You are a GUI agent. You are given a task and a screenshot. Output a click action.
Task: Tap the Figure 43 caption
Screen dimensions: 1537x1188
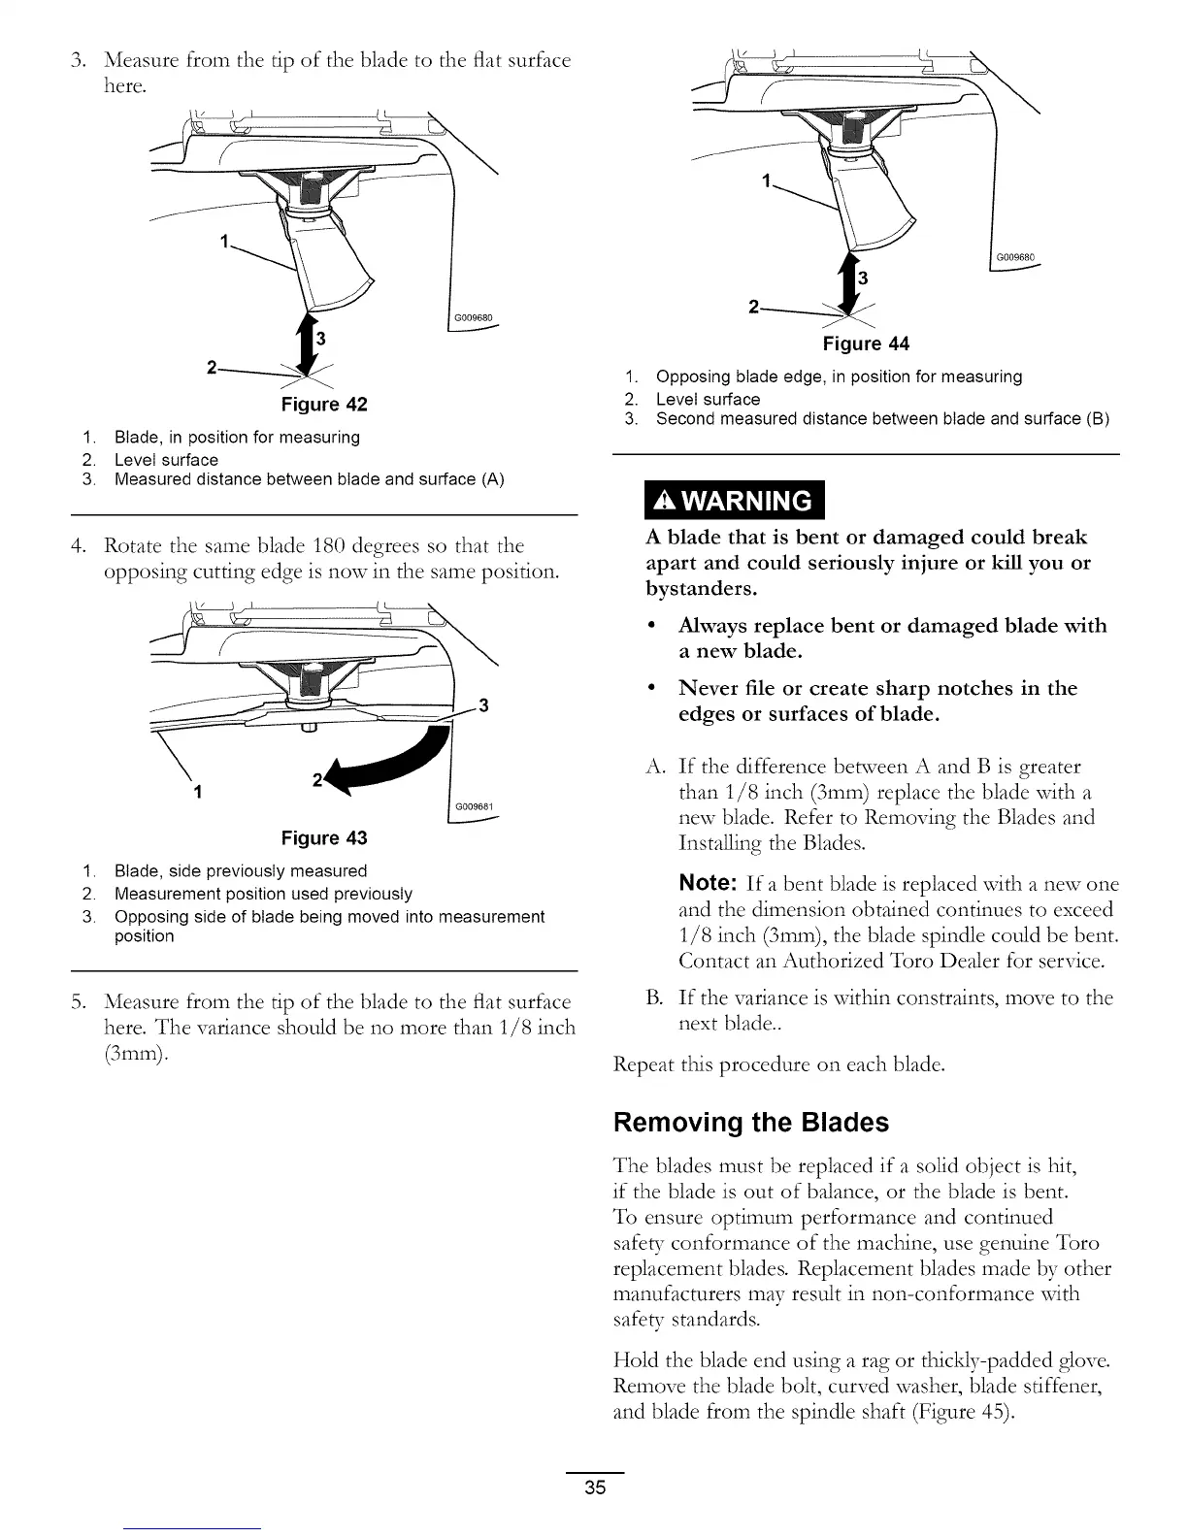point(323,837)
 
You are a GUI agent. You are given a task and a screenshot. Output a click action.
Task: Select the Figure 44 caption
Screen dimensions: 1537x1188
point(866,343)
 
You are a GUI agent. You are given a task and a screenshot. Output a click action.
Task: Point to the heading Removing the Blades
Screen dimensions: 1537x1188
point(750,1123)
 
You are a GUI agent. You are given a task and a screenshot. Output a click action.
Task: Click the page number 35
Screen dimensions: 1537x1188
point(595,1488)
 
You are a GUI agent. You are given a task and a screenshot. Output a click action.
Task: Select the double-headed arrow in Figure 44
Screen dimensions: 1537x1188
point(851,283)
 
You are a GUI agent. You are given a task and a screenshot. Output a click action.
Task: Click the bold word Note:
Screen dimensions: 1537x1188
point(709,883)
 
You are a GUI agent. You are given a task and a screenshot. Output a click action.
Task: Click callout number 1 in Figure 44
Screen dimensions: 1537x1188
point(767,181)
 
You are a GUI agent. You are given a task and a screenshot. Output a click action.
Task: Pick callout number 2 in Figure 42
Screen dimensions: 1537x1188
point(212,366)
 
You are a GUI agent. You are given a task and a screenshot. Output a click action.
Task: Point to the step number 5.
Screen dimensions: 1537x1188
point(78,1000)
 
